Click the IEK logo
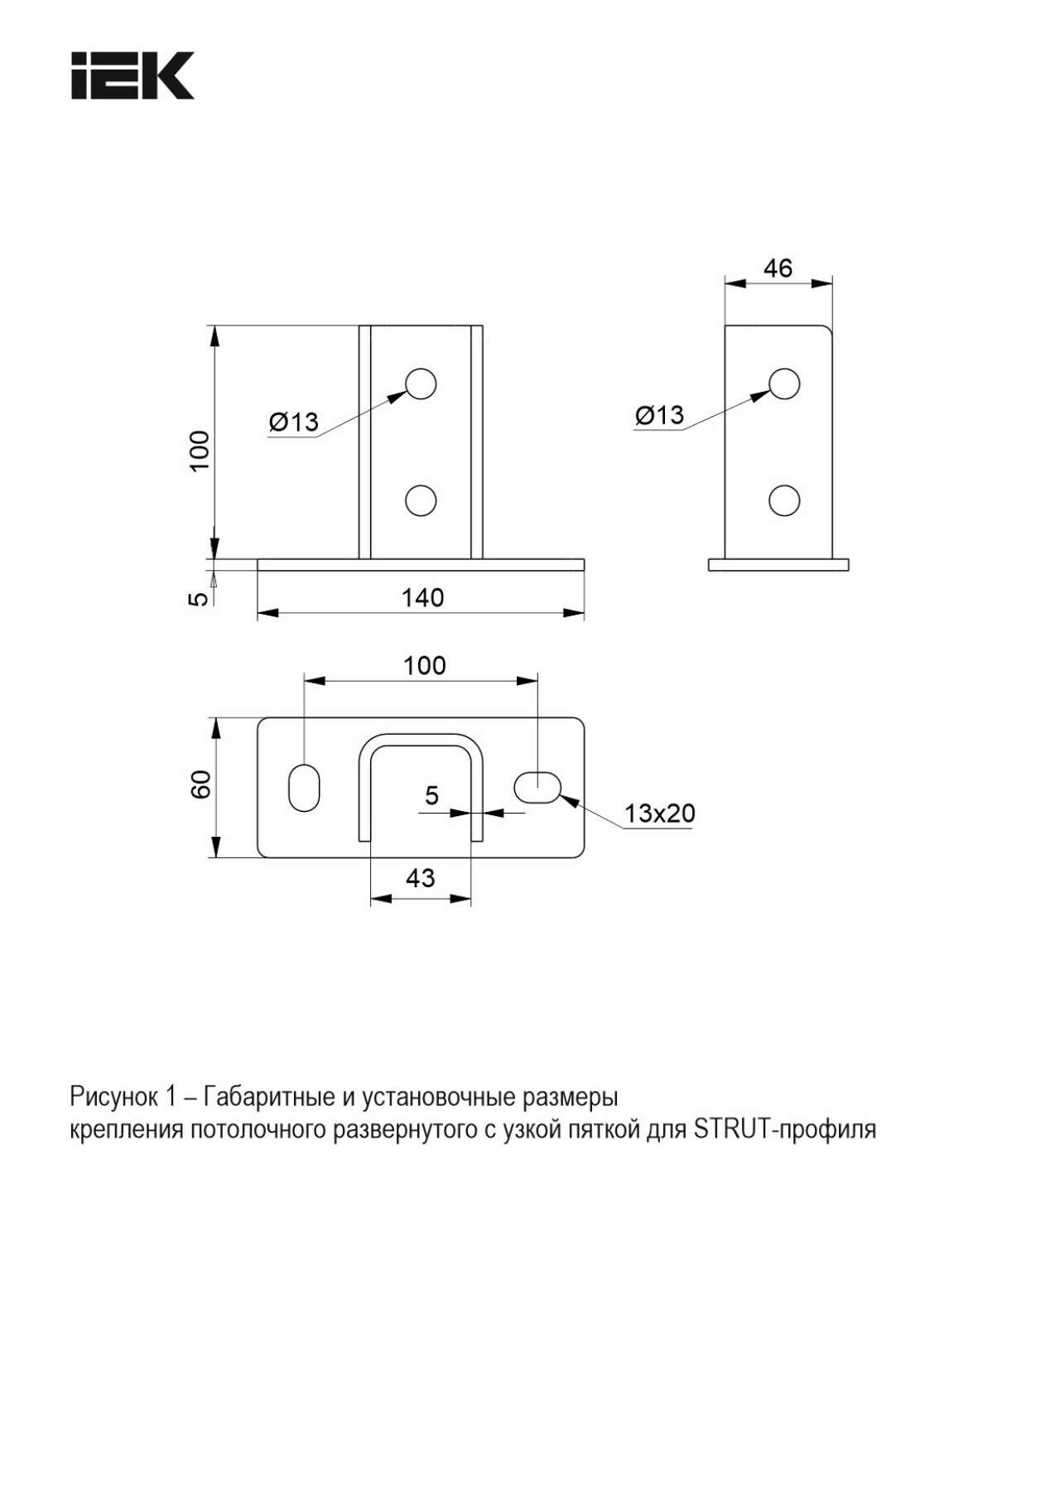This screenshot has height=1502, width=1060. point(132,75)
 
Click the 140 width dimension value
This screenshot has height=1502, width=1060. point(422,597)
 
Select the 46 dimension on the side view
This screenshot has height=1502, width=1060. point(778,268)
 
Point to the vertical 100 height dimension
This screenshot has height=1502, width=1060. point(200,451)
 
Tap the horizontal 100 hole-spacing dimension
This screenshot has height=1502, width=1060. point(424,665)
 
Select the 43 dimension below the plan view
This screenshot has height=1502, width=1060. point(420,877)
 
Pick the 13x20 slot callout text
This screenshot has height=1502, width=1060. point(659,813)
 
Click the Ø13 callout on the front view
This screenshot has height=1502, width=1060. point(294,422)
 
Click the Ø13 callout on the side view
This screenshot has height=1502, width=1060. point(660,414)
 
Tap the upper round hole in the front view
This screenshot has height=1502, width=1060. point(421,384)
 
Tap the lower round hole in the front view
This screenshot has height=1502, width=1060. point(421,500)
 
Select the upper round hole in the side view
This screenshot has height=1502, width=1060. point(784,384)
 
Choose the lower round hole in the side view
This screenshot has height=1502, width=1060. point(784,500)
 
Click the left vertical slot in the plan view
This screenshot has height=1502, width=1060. point(304,787)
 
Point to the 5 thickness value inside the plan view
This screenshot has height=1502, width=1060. point(431,795)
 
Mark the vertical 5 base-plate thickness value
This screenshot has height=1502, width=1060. point(200,597)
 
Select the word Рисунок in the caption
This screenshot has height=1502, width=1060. point(113,1097)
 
